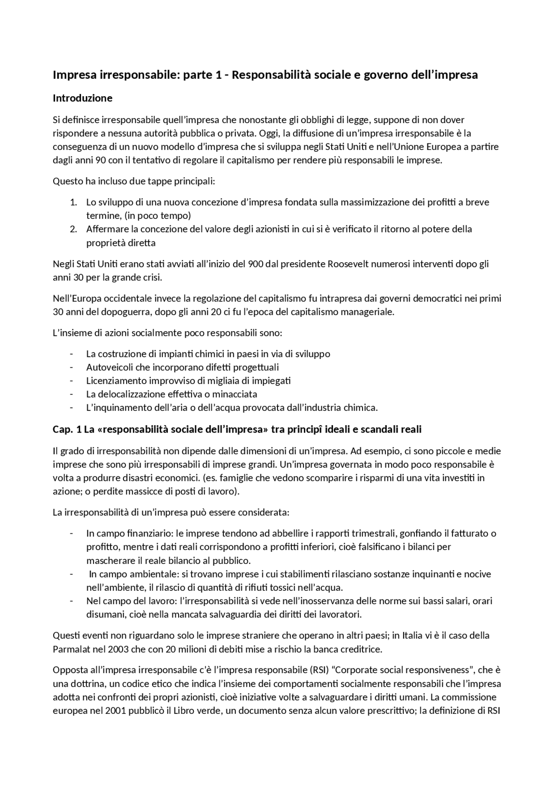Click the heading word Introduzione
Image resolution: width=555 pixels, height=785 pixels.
coord(82,98)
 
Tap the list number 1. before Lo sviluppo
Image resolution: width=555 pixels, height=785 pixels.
coord(73,202)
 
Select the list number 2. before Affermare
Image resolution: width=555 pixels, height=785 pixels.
coord(73,229)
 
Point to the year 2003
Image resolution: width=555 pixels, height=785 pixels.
coord(117,649)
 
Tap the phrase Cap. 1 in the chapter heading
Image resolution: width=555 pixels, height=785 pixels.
coord(67,430)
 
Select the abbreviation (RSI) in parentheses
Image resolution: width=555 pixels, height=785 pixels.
coord(319,670)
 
